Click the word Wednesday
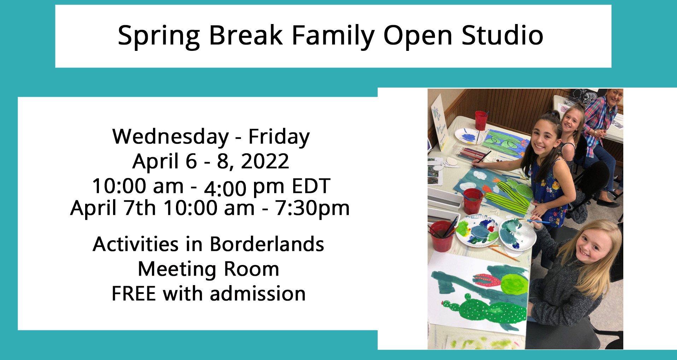click(171, 137)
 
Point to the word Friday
click(279, 137)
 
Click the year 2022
click(265, 161)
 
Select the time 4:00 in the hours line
click(225, 188)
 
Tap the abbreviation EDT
click(311, 186)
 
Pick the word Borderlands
click(267, 244)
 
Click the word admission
click(258, 294)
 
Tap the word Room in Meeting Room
click(252, 269)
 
